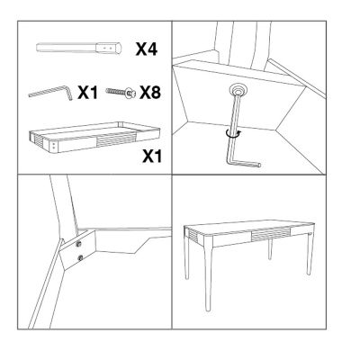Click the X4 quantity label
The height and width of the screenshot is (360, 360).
(x=147, y=49)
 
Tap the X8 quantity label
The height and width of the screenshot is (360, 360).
(x=150, y=92)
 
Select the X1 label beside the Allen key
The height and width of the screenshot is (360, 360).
(x=87, y=92)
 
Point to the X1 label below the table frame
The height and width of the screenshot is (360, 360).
(x=152, y=156)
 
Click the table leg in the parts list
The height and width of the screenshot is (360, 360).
(x=79, y=48)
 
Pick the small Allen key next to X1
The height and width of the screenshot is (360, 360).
(x=50, y=92)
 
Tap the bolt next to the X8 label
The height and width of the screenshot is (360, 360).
(x=121, y=92)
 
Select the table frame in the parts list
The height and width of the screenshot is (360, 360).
(x=94, y=137)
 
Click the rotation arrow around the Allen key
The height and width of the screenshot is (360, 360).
(x=234, y=134)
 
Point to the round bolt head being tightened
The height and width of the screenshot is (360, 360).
(x=238, y=90)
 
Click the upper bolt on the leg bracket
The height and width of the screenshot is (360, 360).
(x=79, y=244)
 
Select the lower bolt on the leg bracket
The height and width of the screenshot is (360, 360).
(x=80, y=257)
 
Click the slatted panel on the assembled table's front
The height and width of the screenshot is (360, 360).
(x=271, y=234)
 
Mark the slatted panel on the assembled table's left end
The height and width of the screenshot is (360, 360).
(x=194, y=235)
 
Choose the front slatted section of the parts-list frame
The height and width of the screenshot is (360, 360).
(x=115, y=139)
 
